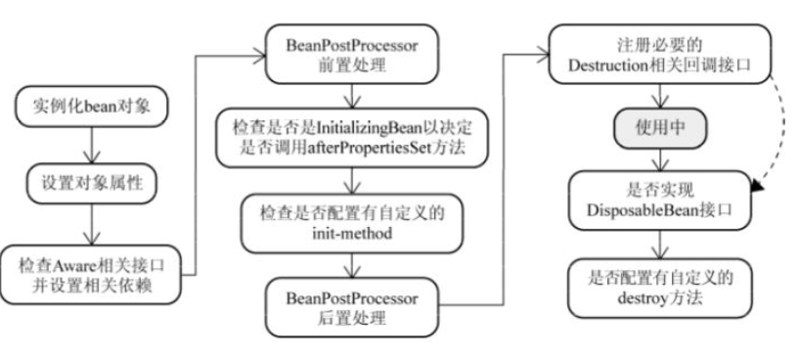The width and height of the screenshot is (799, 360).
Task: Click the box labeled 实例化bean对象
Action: pos(92,107)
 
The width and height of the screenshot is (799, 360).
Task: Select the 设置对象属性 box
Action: pos(92,184)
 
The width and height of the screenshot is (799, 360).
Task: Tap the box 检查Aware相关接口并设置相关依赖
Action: pos(92,275)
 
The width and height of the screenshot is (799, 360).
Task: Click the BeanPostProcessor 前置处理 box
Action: pos(352,54)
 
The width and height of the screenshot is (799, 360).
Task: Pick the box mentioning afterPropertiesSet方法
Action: pos(352,138)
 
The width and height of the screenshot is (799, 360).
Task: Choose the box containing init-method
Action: pos(352,223)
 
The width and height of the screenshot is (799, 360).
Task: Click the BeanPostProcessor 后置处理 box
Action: pos(352,307)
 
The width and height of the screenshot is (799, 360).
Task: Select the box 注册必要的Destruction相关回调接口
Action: pos(660,54)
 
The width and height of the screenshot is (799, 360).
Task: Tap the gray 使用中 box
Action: pos(660,128)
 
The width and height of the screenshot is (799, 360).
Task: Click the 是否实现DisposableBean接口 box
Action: pos(660,201)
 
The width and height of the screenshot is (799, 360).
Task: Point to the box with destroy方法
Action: pos(660,289)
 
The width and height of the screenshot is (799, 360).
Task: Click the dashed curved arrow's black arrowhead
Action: pos(758,186)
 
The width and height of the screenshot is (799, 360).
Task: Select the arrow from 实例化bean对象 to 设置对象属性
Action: pos(92,146)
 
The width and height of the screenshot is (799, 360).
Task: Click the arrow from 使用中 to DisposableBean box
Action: pos(660,159)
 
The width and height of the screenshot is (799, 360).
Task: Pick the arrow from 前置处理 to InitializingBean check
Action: pos(352,96)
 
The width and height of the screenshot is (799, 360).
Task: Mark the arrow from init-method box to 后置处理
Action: pos(352,265)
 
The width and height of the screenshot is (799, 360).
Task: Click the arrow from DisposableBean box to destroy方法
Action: pos(660,245)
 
